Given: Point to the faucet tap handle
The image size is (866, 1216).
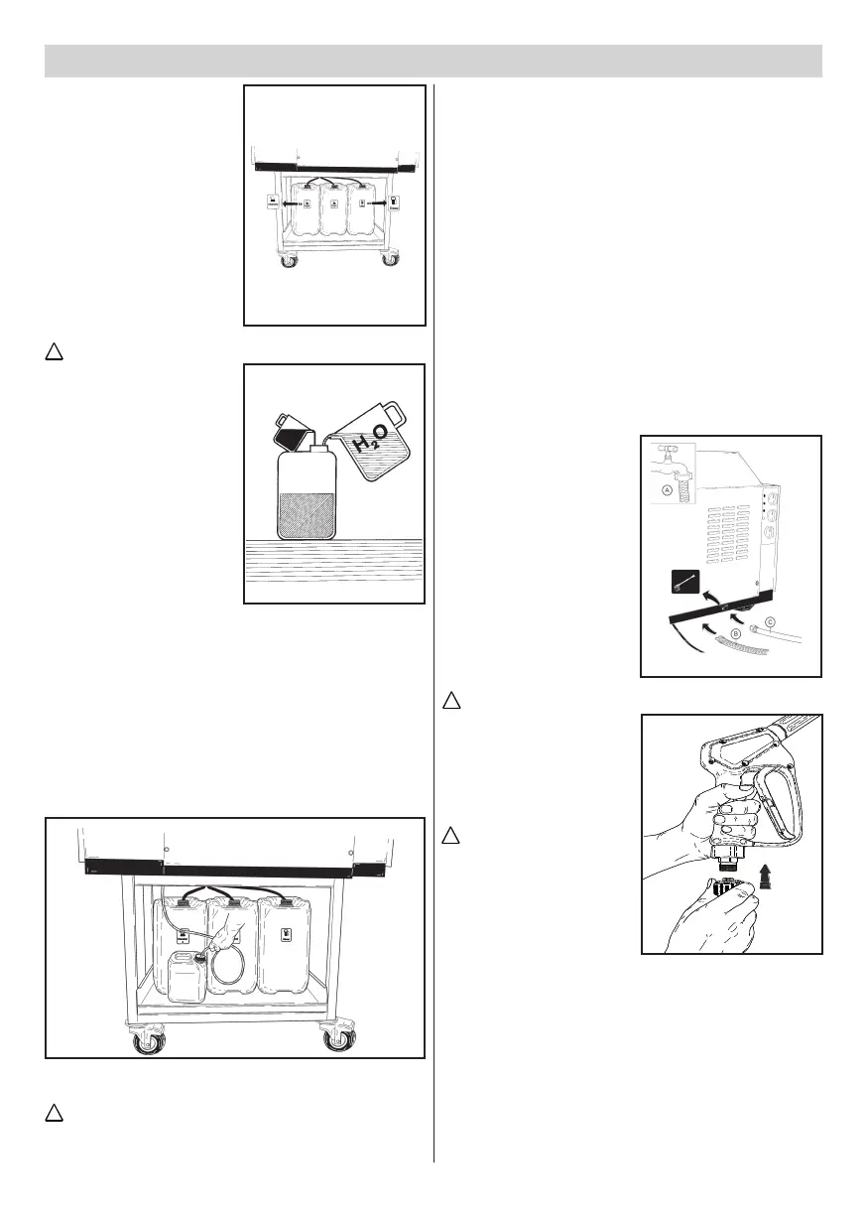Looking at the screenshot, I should pos(667,450).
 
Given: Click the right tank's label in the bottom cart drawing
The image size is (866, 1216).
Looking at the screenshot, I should pos(286,934).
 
